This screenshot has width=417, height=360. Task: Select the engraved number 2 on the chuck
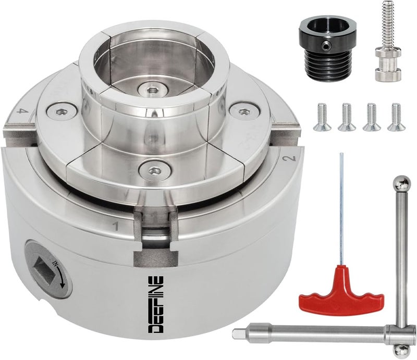[292, 158]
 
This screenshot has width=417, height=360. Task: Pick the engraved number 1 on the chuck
[113, 226]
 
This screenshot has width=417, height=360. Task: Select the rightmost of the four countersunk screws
[397, 117]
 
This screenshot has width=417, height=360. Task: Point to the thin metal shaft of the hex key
[341, 208]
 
